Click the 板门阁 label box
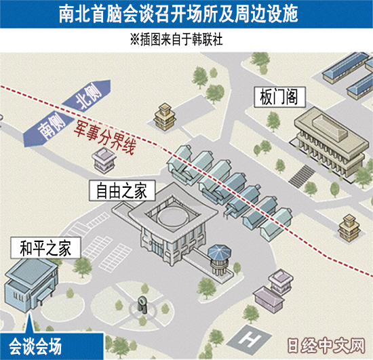pyautogui.click(x=279, y=97)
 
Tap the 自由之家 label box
pyautogui.click(x=122, y=191)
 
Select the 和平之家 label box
pyautogui.click(x=45, y=248)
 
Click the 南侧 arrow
pyautogui.click(x=49, y=128)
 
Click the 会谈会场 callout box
pyautogui.click(x=52, y=346)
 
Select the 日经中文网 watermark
pyautogui.click(x=326, y=346)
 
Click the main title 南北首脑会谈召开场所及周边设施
pyautogui.click(x=178, y=14)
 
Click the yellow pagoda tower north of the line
pyautogui.click(x=165, y=117)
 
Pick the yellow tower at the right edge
pyautogui.click(x=349, y=228)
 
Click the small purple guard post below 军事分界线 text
pyautogui.click(x=104, y=160)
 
